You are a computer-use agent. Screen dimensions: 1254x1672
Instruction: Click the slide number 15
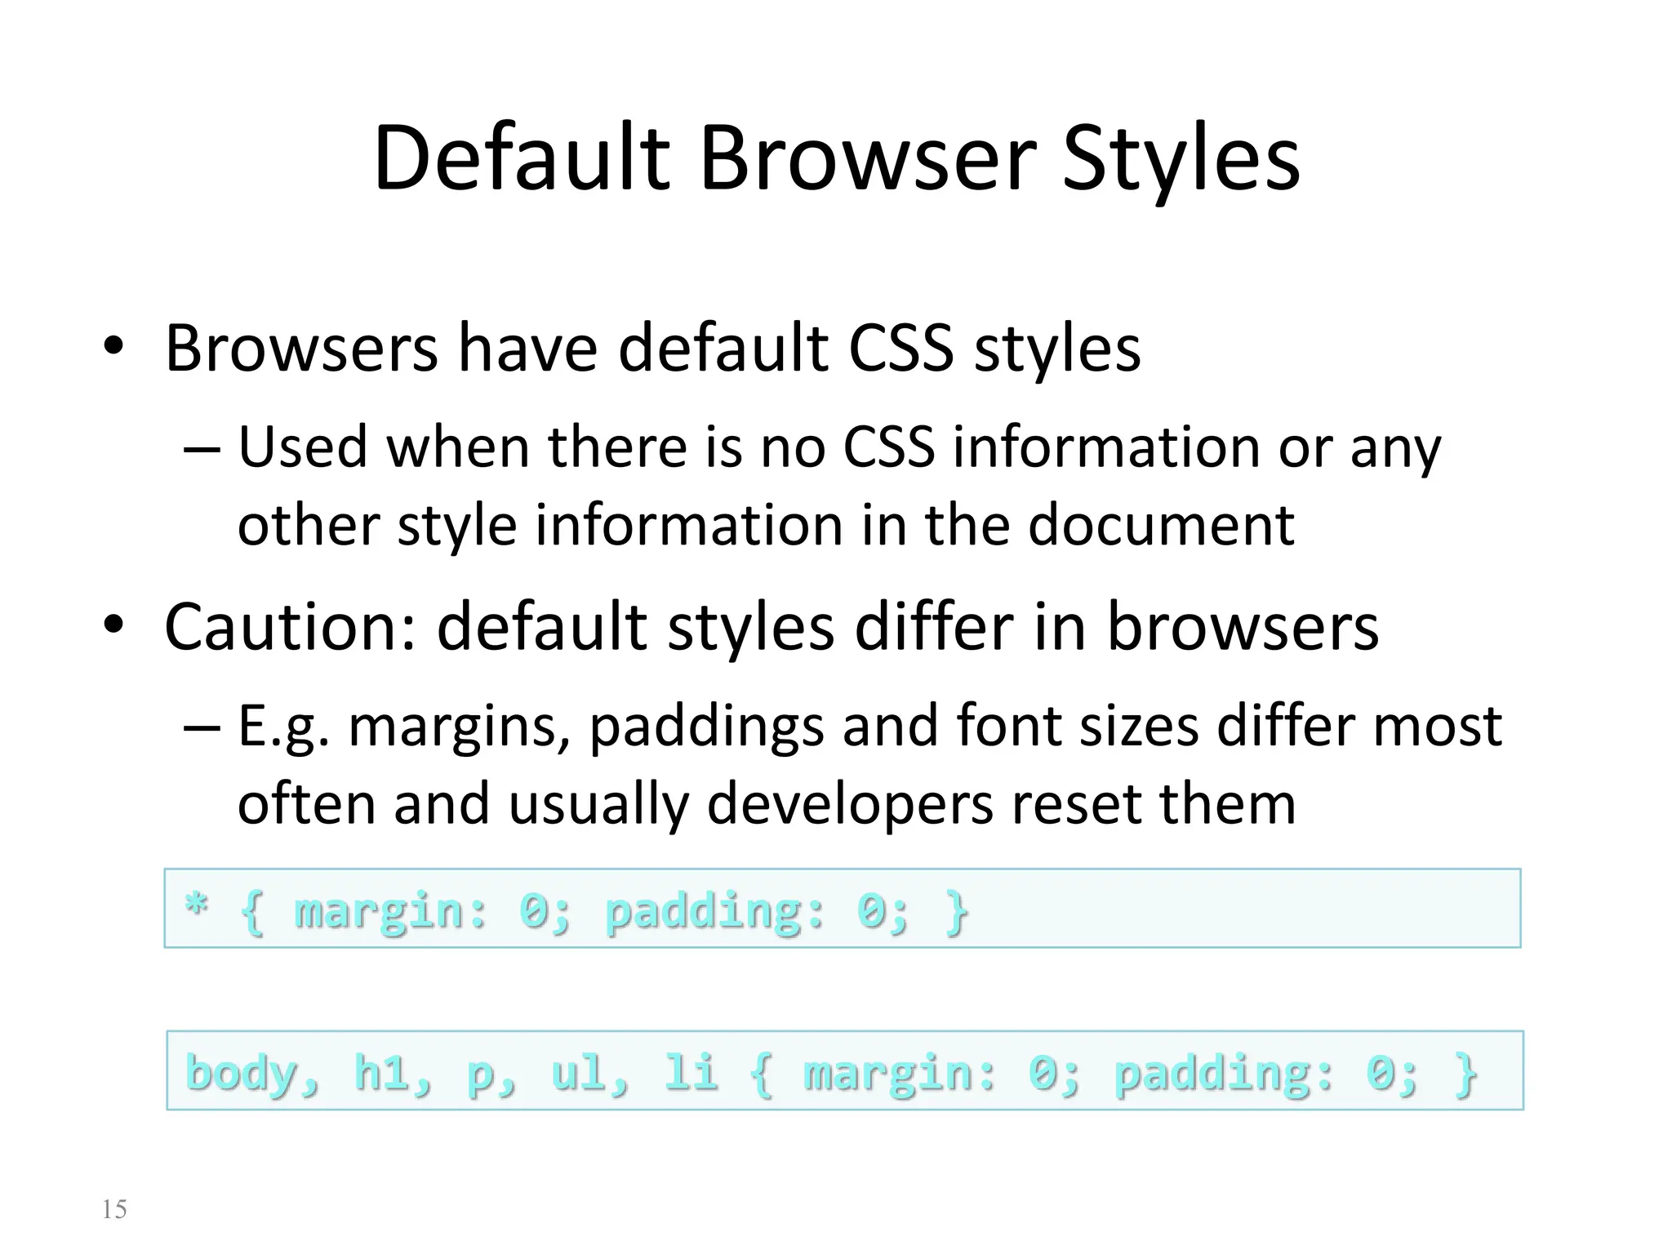coord(114,1209)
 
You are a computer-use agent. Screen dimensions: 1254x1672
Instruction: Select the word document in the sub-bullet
coord(1161,524)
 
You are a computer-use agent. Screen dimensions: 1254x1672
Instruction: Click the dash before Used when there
coord(202,450)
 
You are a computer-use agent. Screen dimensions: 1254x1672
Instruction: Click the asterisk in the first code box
coord(196,905)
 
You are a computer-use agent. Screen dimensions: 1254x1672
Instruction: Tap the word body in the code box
coord(242,1073)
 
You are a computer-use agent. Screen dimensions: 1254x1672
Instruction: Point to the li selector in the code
coord(691,1073)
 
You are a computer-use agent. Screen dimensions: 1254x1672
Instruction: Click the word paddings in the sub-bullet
coord(706,726)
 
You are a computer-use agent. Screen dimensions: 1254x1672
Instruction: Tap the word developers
coord(850,803)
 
